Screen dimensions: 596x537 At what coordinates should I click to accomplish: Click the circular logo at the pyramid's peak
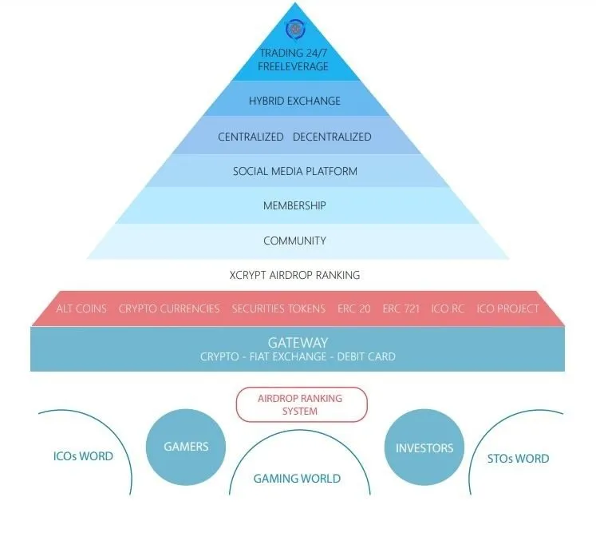click(x=295, y=30)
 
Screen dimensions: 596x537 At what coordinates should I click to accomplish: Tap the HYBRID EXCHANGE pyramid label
click(x=294, y=101)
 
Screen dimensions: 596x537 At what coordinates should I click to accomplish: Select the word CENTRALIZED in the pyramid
click(x=251, y=137)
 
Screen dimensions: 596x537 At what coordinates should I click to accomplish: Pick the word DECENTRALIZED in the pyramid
click(x=332, y=137)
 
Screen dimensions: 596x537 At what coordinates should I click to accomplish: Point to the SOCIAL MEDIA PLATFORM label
click(x=295, y=171)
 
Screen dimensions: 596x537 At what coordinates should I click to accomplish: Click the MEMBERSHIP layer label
click(x=294, y=205)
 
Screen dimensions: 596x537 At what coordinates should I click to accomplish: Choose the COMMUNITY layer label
click(x=294, y=241)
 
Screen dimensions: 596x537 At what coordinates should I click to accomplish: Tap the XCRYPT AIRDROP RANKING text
click(x=294, y=275)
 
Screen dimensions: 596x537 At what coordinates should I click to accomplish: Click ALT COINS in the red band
click(x=81, y=308)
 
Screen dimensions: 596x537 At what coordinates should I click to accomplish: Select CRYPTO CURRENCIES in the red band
click(x=169, y=308)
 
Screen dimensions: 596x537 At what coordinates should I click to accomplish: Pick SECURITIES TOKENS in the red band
click(x=278, y=308)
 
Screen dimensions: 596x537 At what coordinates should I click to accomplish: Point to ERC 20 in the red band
click(x=354, y=308)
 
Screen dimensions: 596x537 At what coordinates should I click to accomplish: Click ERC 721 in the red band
click(x=401, y=308)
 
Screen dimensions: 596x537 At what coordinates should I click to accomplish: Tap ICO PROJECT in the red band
click(x=507, y=308)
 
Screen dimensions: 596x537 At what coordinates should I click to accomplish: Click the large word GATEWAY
click(x=298, y=343)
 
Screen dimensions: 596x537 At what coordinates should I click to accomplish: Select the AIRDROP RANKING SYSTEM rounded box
click(x=302, y=404)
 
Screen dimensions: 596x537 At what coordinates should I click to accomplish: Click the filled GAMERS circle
click(x=186, y=447)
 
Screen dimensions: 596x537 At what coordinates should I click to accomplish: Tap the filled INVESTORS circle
click(x=424, y=447)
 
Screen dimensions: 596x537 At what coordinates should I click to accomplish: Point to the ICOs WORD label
click(x=83, y=456)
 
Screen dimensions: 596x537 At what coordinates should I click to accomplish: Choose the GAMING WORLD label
click(x=297, y=479)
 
